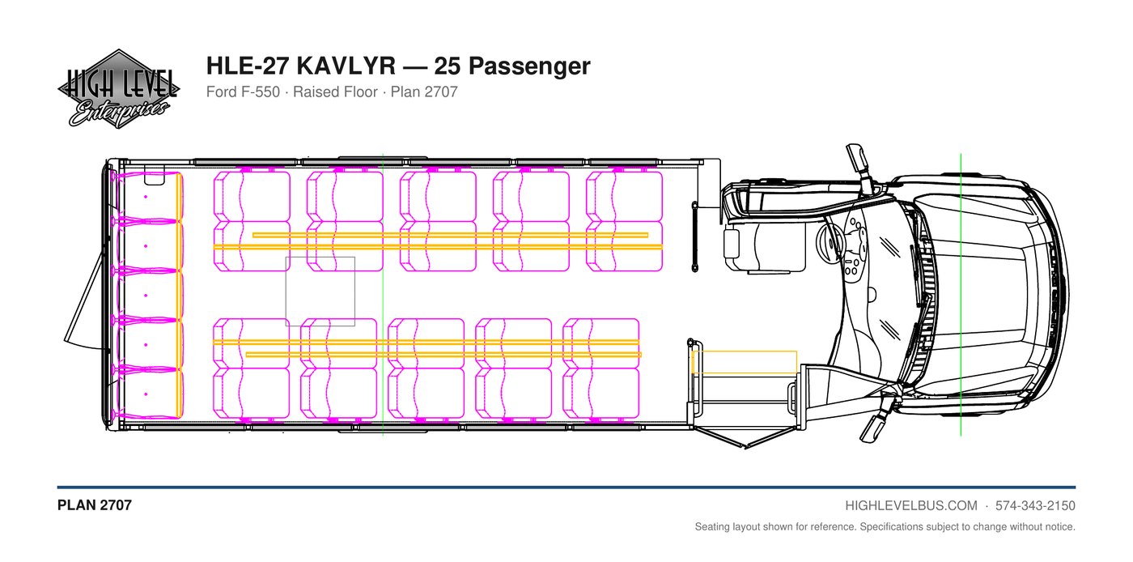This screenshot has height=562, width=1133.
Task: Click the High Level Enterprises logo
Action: point(118,89)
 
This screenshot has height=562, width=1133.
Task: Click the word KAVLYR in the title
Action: point(346,66)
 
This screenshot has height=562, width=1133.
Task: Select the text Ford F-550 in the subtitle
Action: point(243,92)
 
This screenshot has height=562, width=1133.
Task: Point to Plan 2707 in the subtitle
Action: point(424,92)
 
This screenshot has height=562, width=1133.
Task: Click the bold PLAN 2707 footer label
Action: point(95,505)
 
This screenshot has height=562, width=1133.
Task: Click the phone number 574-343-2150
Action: point(1035,506)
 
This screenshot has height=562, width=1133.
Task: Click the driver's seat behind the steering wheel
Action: point(764,247)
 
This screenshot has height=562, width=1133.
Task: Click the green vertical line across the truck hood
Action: point(961,295)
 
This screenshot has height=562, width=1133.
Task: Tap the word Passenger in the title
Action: point(529,66)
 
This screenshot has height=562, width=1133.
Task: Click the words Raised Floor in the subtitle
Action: point(335,92)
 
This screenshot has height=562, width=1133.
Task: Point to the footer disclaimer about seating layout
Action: point(885,526)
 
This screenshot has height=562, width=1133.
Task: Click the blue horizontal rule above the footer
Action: point(566,487)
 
